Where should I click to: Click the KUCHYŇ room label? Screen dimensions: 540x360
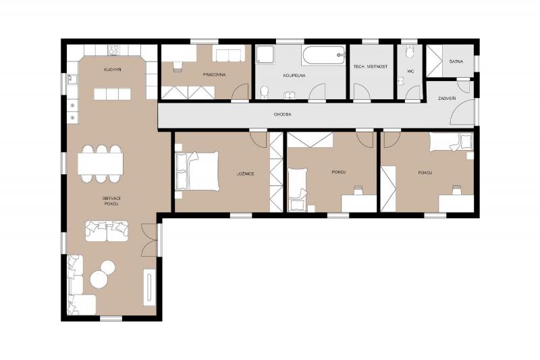click(x=112, y=70)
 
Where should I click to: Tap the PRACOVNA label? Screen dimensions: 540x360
click(x=214, y=74)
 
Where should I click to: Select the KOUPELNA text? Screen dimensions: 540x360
click(x=294, y=75)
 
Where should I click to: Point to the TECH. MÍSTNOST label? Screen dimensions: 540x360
click(x=371, y=66)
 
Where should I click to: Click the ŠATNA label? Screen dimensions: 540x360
click(x=456, y=61)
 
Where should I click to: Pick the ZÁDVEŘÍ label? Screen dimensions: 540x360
click(x=447, y=99)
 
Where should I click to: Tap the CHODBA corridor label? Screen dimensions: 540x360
click(x=283, y=114)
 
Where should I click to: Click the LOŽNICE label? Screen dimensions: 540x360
click(x=246, y=174)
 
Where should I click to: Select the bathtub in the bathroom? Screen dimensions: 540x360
click(x=323, y=55)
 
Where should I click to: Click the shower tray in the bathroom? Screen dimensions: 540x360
click(x=265, y=55)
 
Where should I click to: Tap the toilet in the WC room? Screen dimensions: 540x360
click(x=410, y=52)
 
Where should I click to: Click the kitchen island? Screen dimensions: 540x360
click(x=113, y=94)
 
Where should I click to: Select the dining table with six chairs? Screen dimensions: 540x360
click(x=100, y=163)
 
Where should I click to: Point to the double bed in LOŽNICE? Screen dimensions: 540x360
click(x=197, y=172)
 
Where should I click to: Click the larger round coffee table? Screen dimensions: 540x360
click(x=99, y=279)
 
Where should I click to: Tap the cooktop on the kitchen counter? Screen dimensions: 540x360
click(x=113, y=50)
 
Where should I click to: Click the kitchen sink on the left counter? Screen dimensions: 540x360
click(x=72, y=79)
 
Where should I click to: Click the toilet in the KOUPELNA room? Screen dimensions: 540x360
click(x=265, y=93)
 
